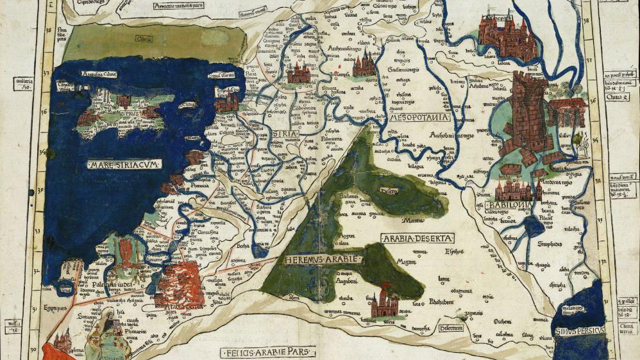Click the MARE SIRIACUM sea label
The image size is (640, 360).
pos(124,164)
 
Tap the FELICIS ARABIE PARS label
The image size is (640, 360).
pos(269,352)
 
